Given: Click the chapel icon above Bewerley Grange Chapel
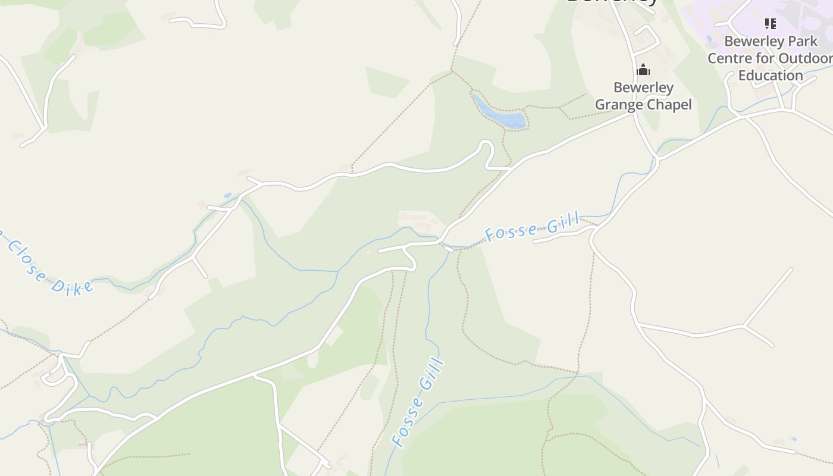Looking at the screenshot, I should [643, 70].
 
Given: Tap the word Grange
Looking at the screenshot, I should [620, 105].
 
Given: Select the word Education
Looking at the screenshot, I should [771, 75].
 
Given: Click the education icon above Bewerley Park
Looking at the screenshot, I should [771, 24].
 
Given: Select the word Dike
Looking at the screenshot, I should [72, 287].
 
